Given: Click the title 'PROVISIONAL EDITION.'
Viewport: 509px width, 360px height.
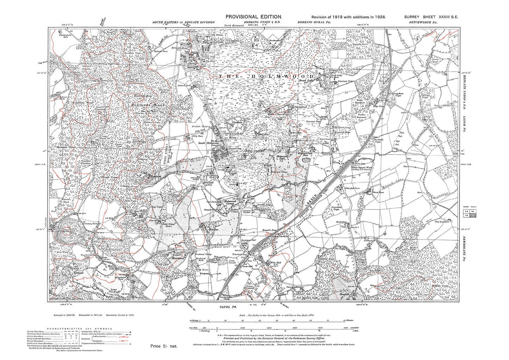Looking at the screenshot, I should [254, 17].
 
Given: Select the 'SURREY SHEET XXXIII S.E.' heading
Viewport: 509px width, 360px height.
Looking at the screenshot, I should [431, 17].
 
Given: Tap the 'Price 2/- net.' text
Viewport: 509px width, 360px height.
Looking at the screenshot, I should [164, 346].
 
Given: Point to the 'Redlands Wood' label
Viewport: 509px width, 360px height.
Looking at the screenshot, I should [143, 105].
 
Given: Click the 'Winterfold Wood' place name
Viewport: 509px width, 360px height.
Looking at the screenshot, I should [82, 103].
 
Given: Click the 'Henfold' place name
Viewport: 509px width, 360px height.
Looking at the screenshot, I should [344, 293].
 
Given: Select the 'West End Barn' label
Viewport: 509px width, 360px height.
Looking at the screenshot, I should [441, 222].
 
